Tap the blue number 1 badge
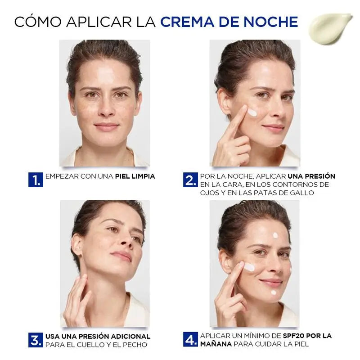tap(36, 180)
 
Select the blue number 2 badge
tap(190, 180)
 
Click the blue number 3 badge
tap(36, 340)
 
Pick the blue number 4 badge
tap(190, 340)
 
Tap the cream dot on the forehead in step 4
tap(275, 235)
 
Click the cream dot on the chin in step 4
tap(274, 292)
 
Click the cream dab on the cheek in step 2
tap(252, 112)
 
